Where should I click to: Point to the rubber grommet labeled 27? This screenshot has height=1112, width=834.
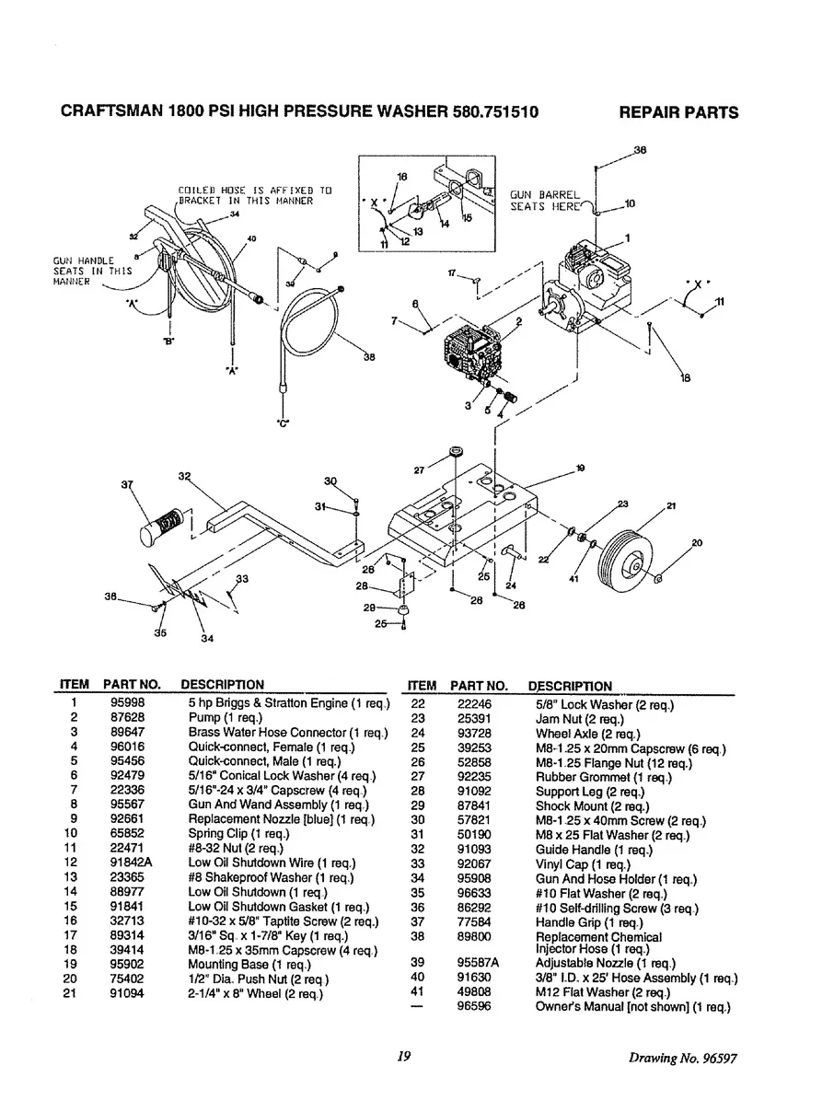tap(456, 454)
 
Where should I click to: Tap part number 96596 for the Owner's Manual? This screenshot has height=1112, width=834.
tap(474, 1007)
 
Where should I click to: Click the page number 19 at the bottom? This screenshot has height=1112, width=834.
tap(403, 1057)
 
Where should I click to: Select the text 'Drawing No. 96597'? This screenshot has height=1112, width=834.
tap(683, 1058)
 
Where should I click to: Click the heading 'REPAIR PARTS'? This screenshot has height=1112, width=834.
tap(678, 113)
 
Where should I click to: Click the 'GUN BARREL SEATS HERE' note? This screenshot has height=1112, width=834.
tap(546, 201)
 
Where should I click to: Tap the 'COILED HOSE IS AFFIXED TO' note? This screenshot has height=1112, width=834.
tap(254, 191)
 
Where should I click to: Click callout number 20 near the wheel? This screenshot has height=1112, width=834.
tap(696, 543)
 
